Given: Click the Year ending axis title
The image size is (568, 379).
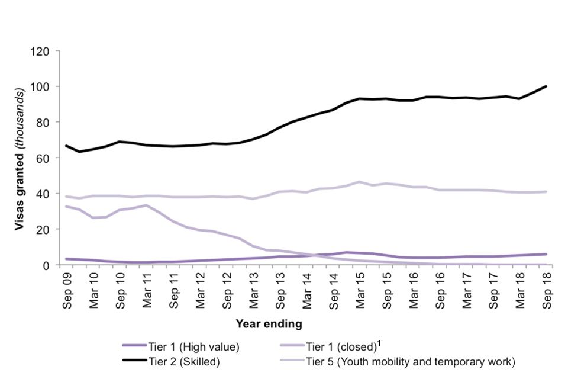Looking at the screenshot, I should click(269, 324).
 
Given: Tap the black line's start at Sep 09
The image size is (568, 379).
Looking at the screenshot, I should click(66, 146).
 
